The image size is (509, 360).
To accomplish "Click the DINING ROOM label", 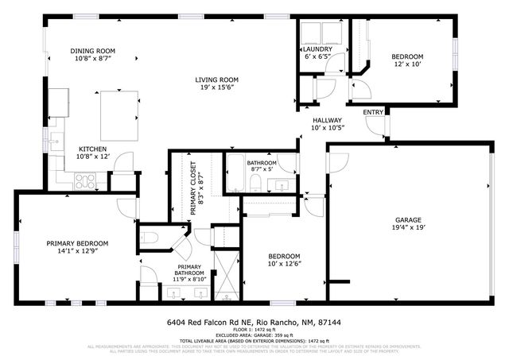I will pyautogui.click(x=93, y=50).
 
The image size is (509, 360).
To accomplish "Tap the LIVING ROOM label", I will pyautogui.click(x=218, y=79).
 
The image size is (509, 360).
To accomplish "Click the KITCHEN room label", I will pyautogui.click(x=92, y=149).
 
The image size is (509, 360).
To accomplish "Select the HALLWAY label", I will pyautogui.click(x=326, y=121).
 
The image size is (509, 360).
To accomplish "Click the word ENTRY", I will pyautogui.click(x=372, y=112).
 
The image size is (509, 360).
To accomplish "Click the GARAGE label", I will pyautogui.click(x=408, y=219).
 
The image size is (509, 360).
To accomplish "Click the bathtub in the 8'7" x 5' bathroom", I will pyautogui.click(x=237, y=173).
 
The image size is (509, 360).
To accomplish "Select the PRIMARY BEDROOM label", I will pyautogui.click(x=77, y=243).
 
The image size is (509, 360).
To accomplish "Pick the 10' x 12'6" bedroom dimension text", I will pyautogui.click(x=284, y=264).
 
